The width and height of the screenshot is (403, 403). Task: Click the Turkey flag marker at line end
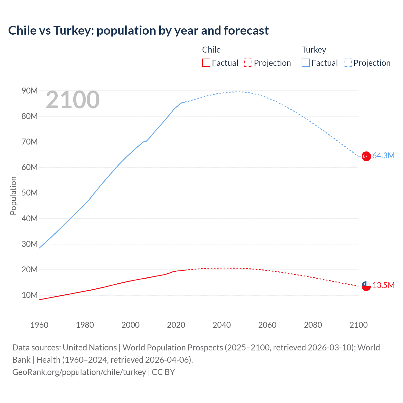pyautogui.click(x=366, y=156)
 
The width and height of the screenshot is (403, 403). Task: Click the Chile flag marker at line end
pyautogui.click(x=366, y=286)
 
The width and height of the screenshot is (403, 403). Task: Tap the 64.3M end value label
pyautogui.click(x=383, y=156)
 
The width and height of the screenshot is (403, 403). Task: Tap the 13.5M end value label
pyautogui.click(x=383, y=286)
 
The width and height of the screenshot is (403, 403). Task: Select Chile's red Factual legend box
pyautogui.click(x=206, y=63)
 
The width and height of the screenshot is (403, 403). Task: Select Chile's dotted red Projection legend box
pyautogui.click(x=248, y=63)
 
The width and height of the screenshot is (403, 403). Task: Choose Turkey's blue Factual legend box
pyautogui.click(x=305, y=63)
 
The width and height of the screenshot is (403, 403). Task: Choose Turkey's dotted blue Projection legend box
pyautogui.click(x=348, y=63)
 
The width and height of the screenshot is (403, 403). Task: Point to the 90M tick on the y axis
pyautogui.click(x=30, y=91)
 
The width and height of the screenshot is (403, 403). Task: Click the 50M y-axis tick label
pyautogui.click(x=30, y=193)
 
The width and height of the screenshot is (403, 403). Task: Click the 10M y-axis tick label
pyautogui.click(x=30, y=295)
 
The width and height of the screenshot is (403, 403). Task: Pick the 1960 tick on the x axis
pyautogui.click(x=39, y=325)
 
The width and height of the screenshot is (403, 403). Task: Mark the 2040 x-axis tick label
pyautogui.click(x=222, y=325)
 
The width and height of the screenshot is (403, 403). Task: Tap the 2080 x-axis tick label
pyautogui.click(x=313, y=325)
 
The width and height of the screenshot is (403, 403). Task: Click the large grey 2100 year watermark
pyautogui.click(x=73, y=100)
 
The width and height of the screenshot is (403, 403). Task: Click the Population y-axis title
pyautogui.click(x=13, y=196)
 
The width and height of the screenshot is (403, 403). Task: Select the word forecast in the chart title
pyautogui.click(x=246, y=31)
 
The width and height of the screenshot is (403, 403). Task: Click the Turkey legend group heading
pyautogui.click(x=314, y=50)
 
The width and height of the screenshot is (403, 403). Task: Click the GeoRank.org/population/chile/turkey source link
pyautogui.click(x=79, y=372)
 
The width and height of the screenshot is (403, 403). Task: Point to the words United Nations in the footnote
pyautogui.click(x=90, y=348)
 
